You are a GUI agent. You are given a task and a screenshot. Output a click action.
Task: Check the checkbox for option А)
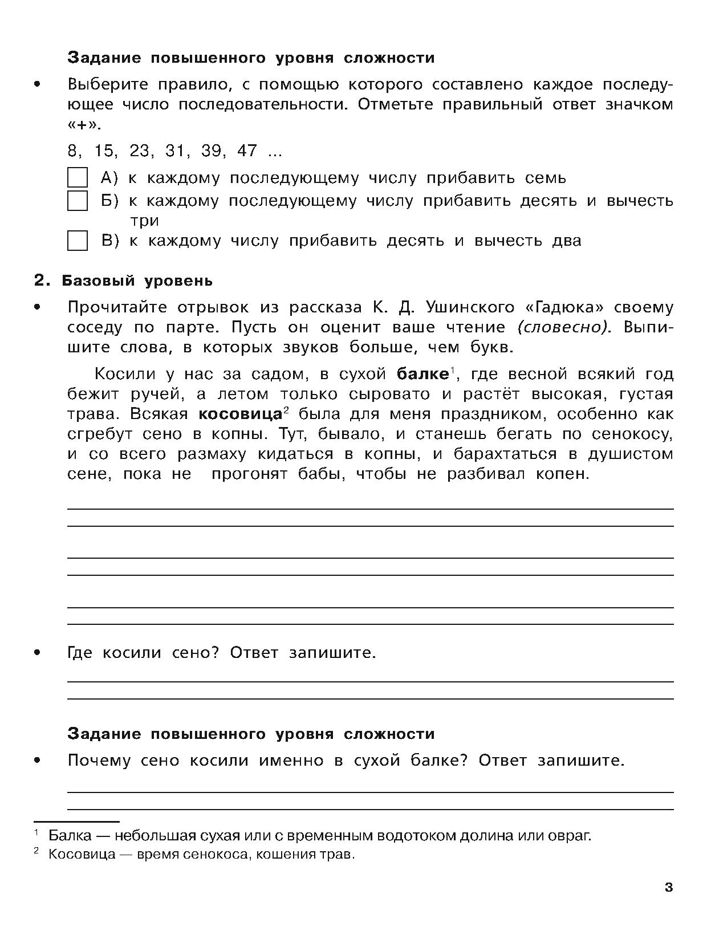click(78, 177)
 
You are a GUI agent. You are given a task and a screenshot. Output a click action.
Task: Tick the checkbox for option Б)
click(78, 201)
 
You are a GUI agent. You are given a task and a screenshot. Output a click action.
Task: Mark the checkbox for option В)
click(78, 241)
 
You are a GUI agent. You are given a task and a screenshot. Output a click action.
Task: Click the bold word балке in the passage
click(422, 374)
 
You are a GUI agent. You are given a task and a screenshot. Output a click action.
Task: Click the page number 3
click(669, 888)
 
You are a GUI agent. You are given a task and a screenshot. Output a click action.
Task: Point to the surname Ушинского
click(461, 307)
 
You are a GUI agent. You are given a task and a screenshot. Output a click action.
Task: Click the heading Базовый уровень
click(137, 281)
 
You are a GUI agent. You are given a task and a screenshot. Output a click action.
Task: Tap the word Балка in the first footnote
click(70, 836)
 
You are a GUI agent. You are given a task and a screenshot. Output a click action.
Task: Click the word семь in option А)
click(545, 178)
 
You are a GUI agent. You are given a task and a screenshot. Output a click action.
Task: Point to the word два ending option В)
click(567, 241)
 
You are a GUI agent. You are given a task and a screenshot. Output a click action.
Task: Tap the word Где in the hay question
click(79, 652)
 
